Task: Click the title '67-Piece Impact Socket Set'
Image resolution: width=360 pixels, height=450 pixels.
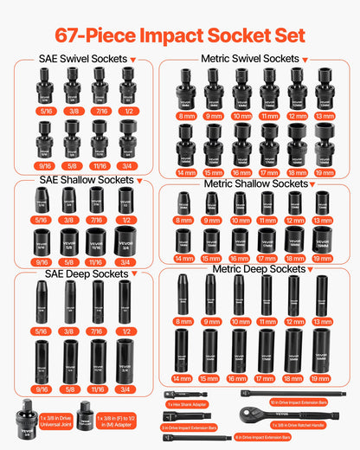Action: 180,35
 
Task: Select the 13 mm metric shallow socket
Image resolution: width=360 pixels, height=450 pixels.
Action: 323,203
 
